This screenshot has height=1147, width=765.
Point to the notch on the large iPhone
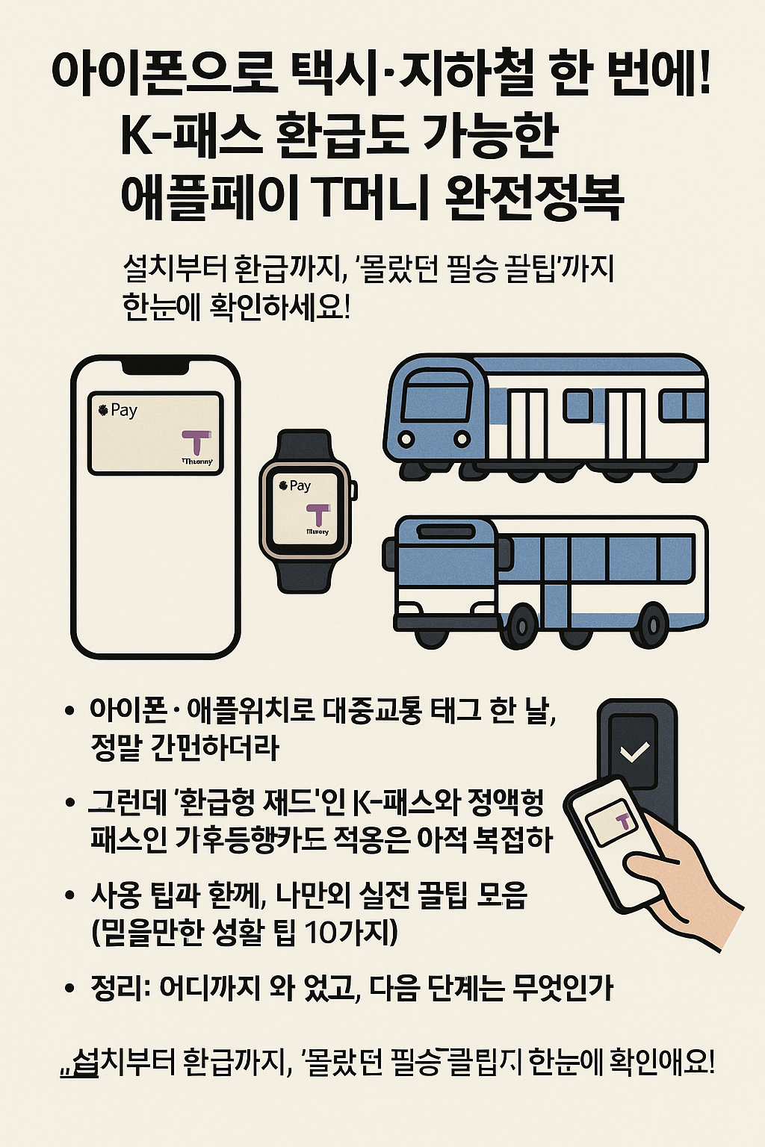(x=155, y=367)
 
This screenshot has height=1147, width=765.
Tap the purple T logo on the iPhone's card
(x=196, y=442)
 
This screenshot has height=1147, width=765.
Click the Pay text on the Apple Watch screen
(x=300, y=486)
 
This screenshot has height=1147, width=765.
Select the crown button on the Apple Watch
(x=353, y=491)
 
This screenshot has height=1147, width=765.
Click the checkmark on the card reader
(x=634, y=751)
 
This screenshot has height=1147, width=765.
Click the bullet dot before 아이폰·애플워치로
(x=69, y=710)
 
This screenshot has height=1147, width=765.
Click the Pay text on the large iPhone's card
(x=123, y=410)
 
